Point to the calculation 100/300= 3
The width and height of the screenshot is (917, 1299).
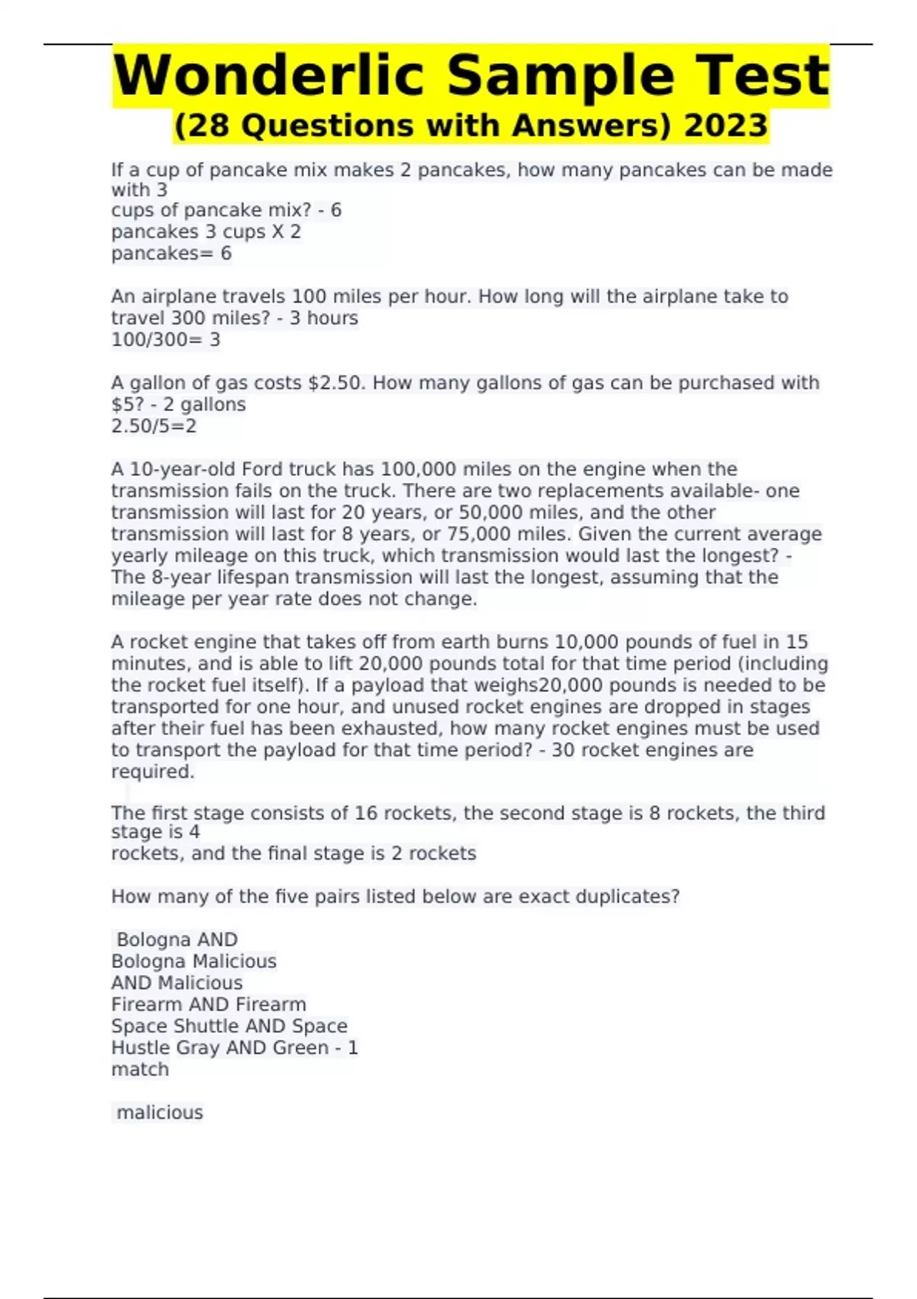pyautogui.click(x=166, y=339)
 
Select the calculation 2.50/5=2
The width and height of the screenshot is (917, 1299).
pyautogui.click(x=154, y=426)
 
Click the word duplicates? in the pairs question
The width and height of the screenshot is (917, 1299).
pyautogui.click(x=627, y=896)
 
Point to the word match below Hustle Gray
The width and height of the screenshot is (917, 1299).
pyautogui.click(x=140, y=1069)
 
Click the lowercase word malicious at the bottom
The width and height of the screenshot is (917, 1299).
pyautogui.click(x=160, y=1113)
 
